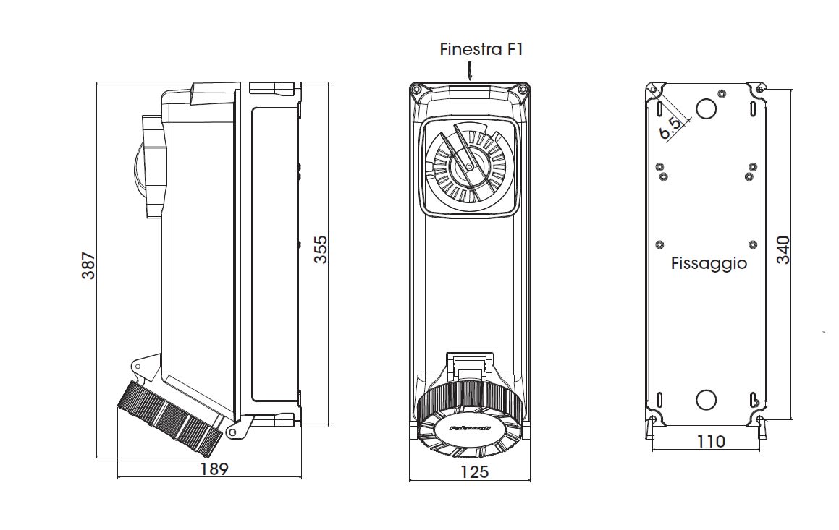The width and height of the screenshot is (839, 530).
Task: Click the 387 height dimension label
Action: click(x=88, y=265)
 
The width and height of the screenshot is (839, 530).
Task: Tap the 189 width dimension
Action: click(x=214, y=469)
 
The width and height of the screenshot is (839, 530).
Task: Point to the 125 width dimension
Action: click(x=474, y=472)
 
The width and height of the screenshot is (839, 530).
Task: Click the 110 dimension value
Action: click(x=710, y=441)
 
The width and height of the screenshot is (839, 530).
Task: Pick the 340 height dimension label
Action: click(x=783, y=249)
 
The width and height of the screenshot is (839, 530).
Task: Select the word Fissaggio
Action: click(x=709, y=263)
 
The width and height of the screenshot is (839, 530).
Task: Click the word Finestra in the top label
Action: click(x=466, y=49)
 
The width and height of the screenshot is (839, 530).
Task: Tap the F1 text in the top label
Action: click(x=513, y=49)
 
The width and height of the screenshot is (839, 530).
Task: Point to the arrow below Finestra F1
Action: click(x=470, y=70)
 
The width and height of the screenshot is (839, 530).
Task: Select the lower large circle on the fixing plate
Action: click(x=706, y=400)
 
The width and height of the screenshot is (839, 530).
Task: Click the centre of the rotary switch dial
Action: click(x=469, y=167)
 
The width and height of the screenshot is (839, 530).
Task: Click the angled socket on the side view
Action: click(x=170, y=417)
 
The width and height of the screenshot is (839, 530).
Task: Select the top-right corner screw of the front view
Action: click(x=523, y=89)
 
